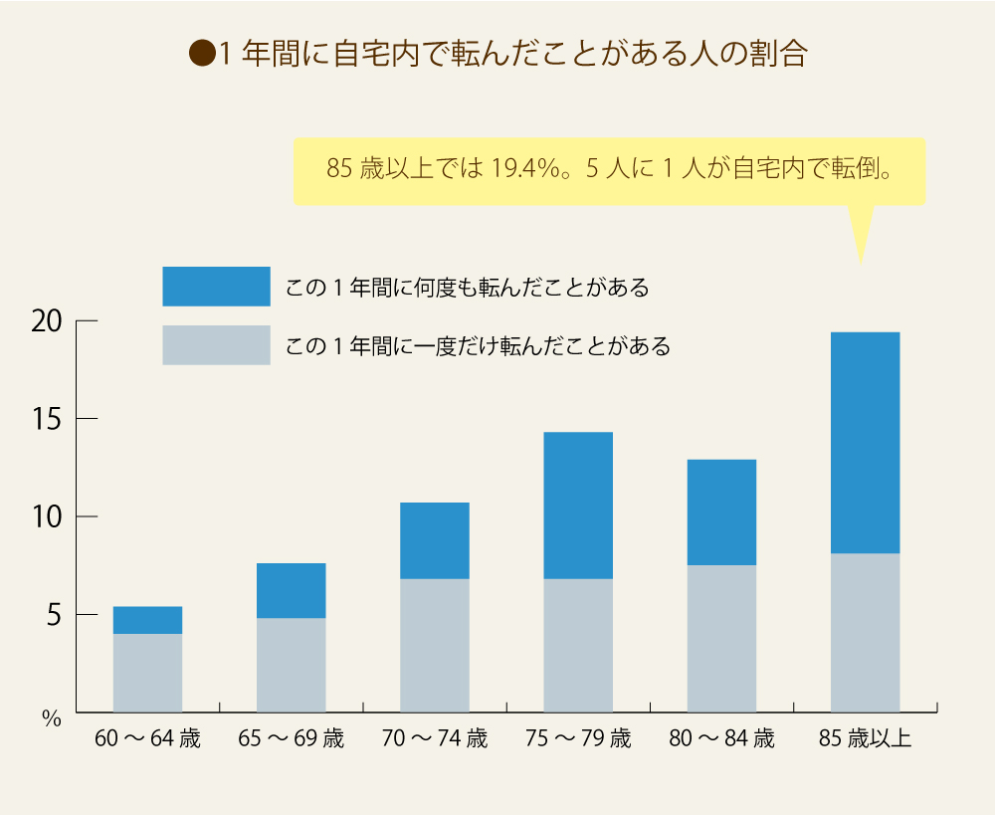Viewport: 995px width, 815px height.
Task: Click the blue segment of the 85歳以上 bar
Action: tap(865, 443)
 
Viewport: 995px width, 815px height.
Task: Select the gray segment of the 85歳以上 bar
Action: tap(865, 632)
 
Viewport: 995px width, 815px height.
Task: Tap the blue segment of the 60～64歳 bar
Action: tap(147, 620)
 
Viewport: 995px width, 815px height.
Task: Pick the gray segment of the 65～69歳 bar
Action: tap(291, 665)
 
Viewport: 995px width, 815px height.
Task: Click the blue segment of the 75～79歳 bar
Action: tap(578, 506)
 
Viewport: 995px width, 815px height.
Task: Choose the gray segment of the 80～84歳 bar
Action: tap(721, 638)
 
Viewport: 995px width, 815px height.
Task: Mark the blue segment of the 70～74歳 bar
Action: tap(435, 540)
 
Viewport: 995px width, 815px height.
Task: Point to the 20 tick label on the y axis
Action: tap(47, 321)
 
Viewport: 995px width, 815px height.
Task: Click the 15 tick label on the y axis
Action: tap(47, 419)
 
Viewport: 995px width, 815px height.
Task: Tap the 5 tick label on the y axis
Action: tap(53, 615)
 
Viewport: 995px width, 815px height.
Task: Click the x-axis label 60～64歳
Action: tap(147, 739)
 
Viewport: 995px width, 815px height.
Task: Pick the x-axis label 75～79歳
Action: tap(578, 739)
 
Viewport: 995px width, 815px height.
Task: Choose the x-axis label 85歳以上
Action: tap(865, 739)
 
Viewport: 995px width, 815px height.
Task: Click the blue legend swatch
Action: tap(216, 287)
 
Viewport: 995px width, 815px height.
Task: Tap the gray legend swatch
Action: tap(216, 345)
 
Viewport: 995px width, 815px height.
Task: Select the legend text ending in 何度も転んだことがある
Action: tap(467, 288)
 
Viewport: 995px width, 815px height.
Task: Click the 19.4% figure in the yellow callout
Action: tap(523, 169)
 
